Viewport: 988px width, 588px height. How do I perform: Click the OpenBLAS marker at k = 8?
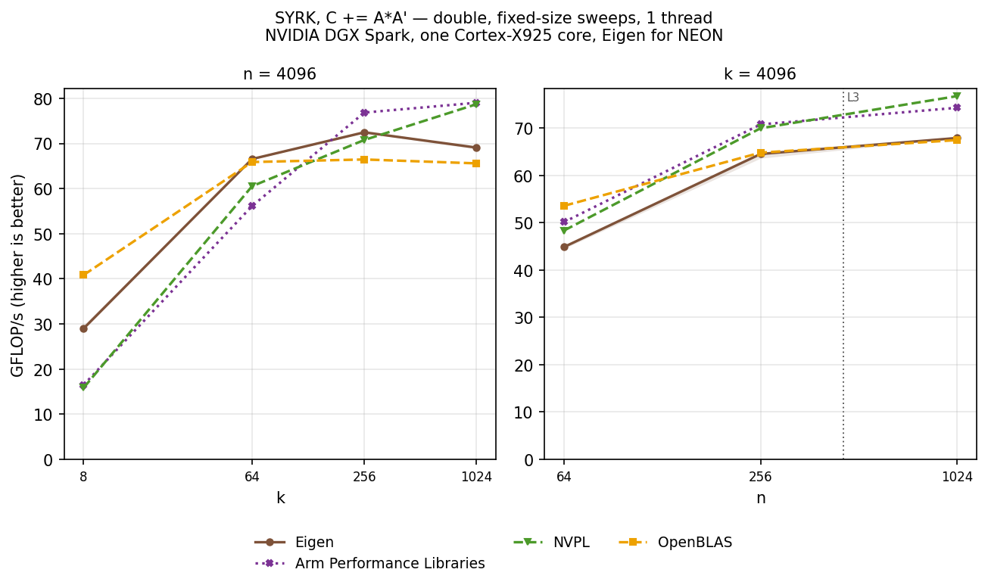tap(83, 275)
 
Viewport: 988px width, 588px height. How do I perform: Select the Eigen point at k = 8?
tap(83, 328)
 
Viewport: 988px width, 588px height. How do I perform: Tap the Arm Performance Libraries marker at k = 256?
tap(364, 113)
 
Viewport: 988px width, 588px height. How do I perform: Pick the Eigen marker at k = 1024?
tap(476, 148)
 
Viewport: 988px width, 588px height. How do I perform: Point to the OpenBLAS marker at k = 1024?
tap(476, 163)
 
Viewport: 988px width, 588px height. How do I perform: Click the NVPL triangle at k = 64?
tap(252, 186)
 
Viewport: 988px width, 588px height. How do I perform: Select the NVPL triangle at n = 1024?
tap(957, 95)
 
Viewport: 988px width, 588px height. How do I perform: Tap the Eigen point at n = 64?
tap(564, 247)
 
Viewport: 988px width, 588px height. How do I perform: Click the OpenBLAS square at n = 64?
tap(564, 206)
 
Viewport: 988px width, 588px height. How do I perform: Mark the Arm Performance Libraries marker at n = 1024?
tap(957, 107)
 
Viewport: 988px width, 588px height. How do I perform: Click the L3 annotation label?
tap(853, 97)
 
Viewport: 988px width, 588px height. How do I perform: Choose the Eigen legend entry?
tap(295, 542)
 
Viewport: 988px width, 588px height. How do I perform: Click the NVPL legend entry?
tap(551, 542)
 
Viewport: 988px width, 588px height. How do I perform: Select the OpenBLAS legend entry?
tap(675, 542)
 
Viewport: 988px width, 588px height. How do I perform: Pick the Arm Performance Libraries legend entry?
tap(369, 563)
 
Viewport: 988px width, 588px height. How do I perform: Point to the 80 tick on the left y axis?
tap(43, 98)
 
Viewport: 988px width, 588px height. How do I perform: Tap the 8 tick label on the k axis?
tap(83, 477)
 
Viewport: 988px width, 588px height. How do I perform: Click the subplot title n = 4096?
tap(279, 73)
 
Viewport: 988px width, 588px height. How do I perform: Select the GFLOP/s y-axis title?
tap(17, 276)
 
